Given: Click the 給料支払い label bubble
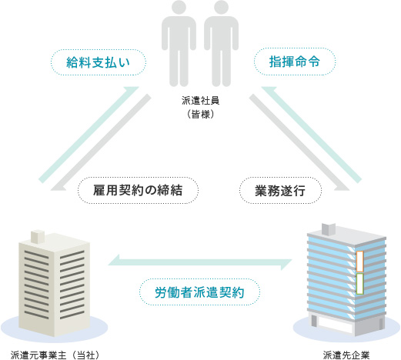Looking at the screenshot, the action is point(99,62).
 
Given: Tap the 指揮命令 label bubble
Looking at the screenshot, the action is point(295,62).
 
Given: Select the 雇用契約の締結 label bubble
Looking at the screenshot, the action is point(138,190).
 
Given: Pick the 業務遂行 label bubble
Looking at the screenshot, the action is point(280,191).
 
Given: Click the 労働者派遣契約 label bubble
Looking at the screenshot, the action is point(199,292).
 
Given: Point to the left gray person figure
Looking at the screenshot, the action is point(179,44).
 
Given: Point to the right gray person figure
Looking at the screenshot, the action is point(221,44).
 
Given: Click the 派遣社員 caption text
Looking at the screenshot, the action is point(200,101).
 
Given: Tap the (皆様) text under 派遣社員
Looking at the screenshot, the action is point(200,114).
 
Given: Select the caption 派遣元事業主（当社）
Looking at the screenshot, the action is point(55,355).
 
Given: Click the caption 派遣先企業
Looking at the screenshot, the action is point(346,355).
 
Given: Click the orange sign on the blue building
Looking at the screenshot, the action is point(359,262).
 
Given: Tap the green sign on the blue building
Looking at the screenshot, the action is point(359,284).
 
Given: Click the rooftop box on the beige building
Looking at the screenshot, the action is point(38,236).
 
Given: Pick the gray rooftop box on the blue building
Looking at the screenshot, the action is point(329,229).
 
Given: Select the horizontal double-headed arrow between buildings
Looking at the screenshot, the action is point(200,262).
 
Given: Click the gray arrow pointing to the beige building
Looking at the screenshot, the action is point(101,142).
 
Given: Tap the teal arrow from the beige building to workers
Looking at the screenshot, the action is point(89,135).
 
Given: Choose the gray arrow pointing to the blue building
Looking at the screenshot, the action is point(299,142).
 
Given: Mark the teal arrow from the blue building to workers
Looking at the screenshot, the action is point(312,135).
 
